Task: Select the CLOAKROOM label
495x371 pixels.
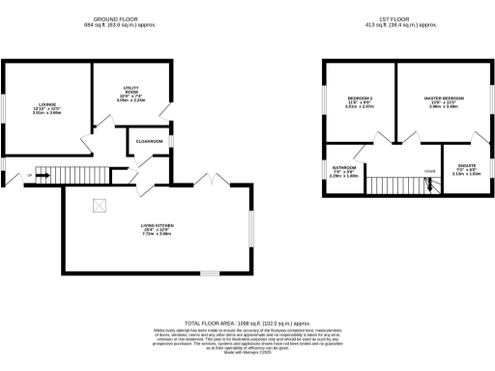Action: point(149,141)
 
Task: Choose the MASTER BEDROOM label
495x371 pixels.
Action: point(443,99)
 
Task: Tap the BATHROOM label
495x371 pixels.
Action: point(344,166)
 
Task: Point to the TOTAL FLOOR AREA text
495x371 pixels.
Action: point(247,322)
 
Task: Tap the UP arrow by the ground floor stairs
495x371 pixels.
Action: point(30,174)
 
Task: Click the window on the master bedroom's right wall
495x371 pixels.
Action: point(487,100)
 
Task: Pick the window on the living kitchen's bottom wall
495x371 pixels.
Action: point(208,274)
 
